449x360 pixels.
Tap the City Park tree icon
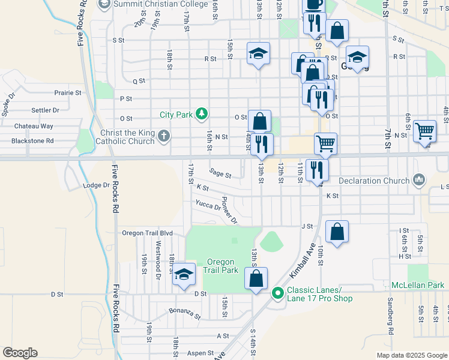pyautogui.click(x=202, y=113)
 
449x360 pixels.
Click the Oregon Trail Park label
pyautogui.click(x=223, y=266)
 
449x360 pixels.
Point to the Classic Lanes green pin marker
pyautogui.click(x=277, y=293)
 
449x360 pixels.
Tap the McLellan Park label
pyautogui.click(x=417, y=284)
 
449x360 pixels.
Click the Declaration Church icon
pyautogui.click(x=419, y=180)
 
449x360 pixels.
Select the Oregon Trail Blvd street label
pyautogui.click(x=147, y=233)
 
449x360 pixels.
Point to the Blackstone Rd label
pyautogui.click(x=32, y=141)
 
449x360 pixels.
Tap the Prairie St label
pyautogui.click(x=67, y=93)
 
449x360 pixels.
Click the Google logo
pyautogui.click(x=20, y=353)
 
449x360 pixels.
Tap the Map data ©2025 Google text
pyautogui.click(x=411, y=355)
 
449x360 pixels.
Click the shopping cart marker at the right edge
pyautogui.click(x=424, y=130)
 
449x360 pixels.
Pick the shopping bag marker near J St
pyautogui.click(x=337, y=232)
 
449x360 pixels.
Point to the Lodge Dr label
pyautogui.click(x=97, y=185)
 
